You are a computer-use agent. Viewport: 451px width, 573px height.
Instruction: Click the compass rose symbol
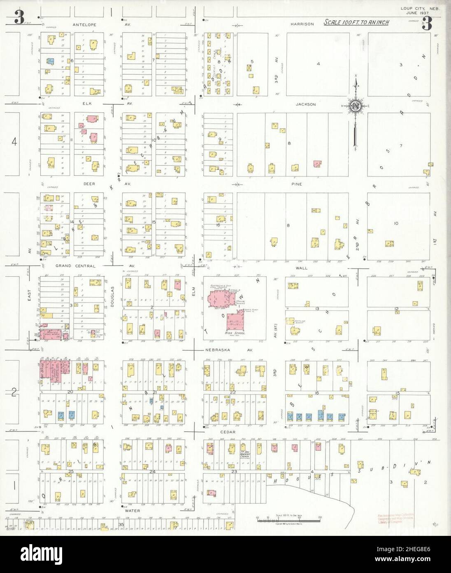pyautogui.click(x=355, y=106)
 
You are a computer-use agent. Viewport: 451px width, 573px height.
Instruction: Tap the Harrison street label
pyautogui.click(x=302, y=24)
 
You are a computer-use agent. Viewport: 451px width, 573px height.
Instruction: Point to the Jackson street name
pyautogui.click(x=305, y=104)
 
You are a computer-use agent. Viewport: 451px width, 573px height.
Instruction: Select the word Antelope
pyautogui.click(x=84, y=24)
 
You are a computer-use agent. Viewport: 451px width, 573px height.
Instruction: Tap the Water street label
pyautogui.click(x=132, y=510)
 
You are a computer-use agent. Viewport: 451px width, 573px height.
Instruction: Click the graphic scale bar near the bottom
pyautogui.click(x=288, y=521)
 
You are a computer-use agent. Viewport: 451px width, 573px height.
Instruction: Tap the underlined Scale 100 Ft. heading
pyautogui.click(x=356, y=22)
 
